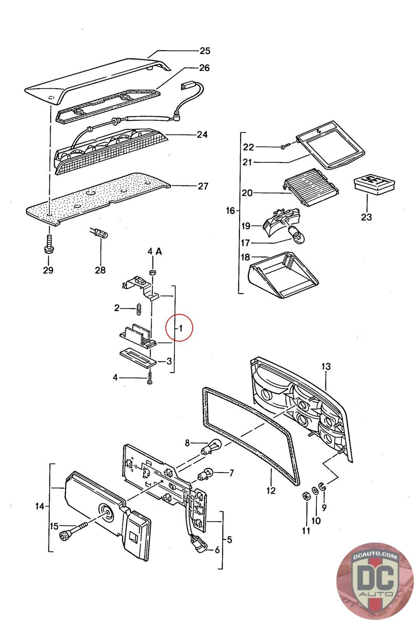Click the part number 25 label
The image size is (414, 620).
[x=204, y=51]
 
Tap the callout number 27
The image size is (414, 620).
[x=203, y=186]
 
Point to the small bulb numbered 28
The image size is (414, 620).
[x=101, y=233]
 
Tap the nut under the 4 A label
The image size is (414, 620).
[x=153, y=272]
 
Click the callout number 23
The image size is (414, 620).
[x=366, y=217]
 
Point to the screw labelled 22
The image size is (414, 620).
[x=285, y=146]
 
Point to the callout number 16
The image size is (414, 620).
[x=230, y=211]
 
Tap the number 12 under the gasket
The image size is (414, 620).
[x=271, y=491]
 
